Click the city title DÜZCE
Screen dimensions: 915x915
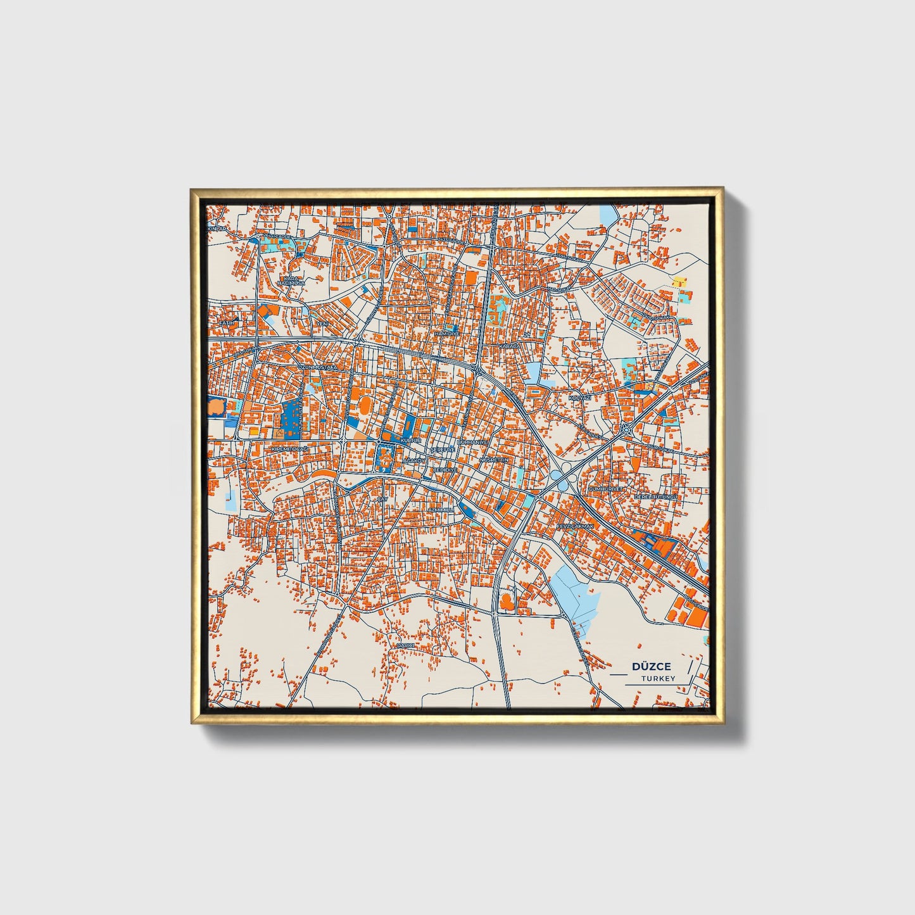point(652,666)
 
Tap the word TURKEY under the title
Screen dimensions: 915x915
point(657,678)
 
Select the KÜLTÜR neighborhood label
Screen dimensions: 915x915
point(411,439)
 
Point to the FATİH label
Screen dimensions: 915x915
point(226,323)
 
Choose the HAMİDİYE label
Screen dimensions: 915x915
point(446,333)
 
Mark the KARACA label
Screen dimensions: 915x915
point(508,347)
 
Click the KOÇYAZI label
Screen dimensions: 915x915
point(579,397)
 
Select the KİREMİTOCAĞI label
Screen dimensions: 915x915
point(289,448)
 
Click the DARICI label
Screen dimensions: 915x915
point(405,645)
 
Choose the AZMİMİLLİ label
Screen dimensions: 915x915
point(441,509)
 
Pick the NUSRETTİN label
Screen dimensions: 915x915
point(494,459)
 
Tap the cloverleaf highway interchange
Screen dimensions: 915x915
point(561,477)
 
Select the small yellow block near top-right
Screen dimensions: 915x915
point(679,281)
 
